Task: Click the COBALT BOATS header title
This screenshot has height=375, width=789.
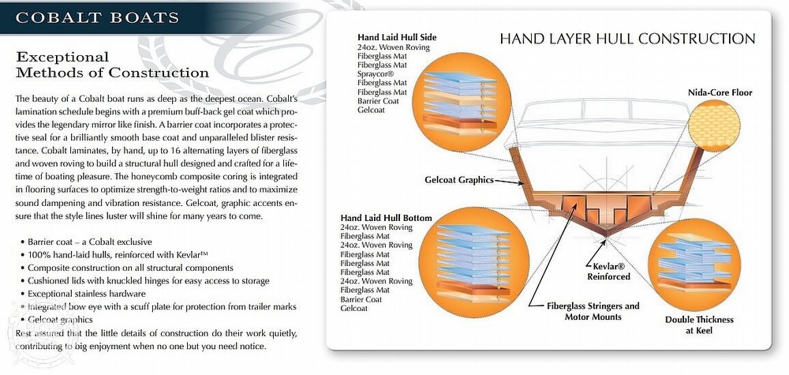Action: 97,17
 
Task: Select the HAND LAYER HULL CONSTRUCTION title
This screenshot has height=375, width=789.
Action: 627,39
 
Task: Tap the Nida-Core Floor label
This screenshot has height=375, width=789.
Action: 720,92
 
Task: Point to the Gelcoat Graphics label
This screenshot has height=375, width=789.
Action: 459,180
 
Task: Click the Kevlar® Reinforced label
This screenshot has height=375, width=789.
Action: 609,272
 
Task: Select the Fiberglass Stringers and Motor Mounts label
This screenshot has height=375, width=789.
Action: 593,312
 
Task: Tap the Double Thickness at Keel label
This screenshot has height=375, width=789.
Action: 699,325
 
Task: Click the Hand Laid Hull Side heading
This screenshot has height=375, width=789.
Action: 397,37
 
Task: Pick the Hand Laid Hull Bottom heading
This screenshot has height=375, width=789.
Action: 386,218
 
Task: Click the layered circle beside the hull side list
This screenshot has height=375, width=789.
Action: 462,102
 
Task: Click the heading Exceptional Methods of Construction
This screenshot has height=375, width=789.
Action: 112,65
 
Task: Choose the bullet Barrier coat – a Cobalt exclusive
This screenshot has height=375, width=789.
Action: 86,242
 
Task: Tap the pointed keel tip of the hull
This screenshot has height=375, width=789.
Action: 606,236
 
